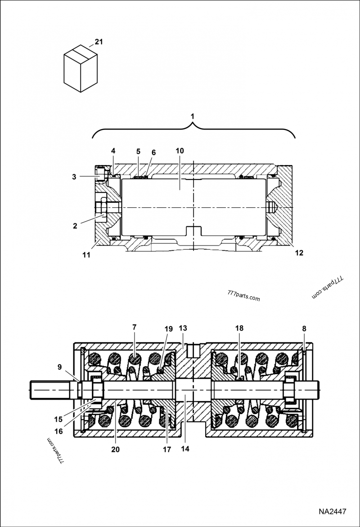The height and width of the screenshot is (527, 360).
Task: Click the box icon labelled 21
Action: [81, 68]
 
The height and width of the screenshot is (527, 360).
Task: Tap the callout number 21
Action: [99, 42]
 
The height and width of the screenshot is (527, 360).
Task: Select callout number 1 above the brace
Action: [193, 116]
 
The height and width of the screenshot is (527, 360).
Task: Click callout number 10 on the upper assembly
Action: [180, 151]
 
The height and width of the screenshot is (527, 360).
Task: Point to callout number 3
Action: [74, 177]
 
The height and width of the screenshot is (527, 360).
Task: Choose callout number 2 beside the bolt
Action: [75, 226]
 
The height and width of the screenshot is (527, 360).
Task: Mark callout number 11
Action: [86, 255]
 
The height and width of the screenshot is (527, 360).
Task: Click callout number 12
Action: [299, 253]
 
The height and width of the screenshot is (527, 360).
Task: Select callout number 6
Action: [154, 152]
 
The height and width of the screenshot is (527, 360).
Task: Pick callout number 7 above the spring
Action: [134, 327]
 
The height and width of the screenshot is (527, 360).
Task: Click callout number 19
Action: [169, 329]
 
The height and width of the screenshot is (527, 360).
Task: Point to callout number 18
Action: [239, 328]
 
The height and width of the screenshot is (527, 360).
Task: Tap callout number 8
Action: [304, 329]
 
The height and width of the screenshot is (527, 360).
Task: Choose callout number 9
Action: [59, 366]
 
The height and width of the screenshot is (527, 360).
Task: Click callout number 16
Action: [58, 431]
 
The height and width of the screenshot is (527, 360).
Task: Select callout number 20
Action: [115, 449]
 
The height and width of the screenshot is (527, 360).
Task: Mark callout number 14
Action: [185, 448]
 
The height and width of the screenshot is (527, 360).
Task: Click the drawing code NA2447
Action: [333, 512]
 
